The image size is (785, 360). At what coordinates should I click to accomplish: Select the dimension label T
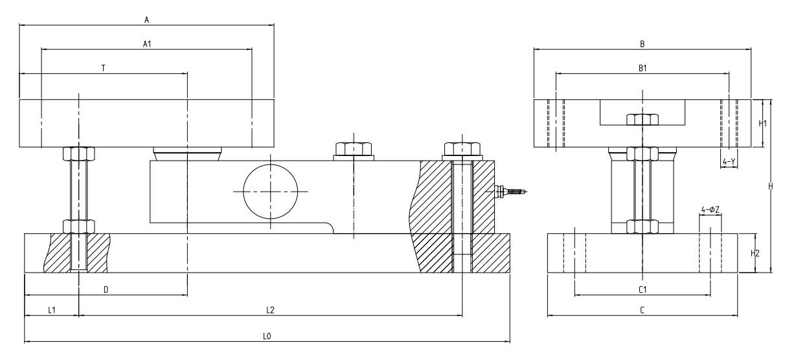[x=103, y=68]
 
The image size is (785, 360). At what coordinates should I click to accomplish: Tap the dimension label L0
[x=266, y=336]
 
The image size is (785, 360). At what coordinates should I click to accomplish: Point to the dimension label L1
[x=52, y=310]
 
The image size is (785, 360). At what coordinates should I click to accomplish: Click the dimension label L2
[x=271, y=310]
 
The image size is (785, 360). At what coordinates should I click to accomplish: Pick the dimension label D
[x=106, y=289]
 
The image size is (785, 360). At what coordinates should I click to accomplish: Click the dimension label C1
[x=642, y=289]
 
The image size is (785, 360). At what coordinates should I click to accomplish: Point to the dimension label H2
[x=755, y=253]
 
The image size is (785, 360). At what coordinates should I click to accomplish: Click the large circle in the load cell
[x=271, y=192]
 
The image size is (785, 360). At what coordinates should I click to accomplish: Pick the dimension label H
[x=770, y=186]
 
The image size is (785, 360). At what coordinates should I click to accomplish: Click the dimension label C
[x=642, y=310]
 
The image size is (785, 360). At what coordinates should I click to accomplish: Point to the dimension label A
[x=147, y=20]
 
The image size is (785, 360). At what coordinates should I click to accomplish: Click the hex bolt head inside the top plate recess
[x=642, y=120]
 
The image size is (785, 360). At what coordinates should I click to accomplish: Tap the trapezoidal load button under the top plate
[x=187, y=154]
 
